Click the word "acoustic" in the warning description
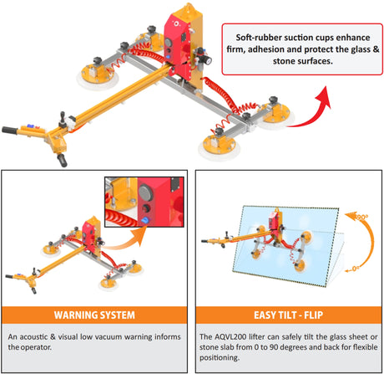[x=38, y=336]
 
